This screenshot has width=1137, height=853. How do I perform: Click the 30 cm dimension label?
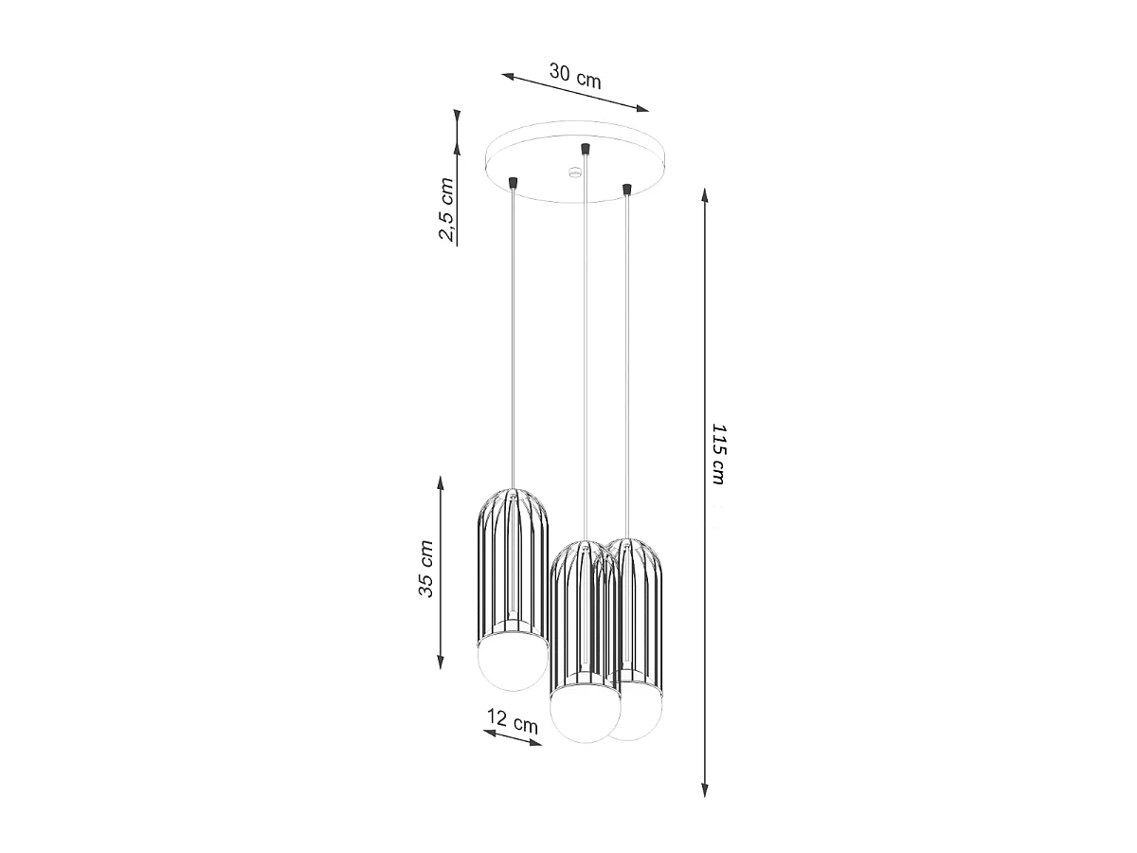tap(574, 76)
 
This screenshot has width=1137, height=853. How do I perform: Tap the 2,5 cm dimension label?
tap(446, 209)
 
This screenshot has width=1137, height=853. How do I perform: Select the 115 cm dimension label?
tap(718, 454)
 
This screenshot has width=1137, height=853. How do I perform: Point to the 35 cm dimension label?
tap(425, 570)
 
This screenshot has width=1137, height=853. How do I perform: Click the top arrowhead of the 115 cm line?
tap(705, 195)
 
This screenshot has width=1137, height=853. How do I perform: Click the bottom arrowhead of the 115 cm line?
tap(705, 789)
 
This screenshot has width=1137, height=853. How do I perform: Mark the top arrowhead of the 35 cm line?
tap(441, 483)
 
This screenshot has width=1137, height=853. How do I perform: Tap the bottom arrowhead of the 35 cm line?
tap(441, 662)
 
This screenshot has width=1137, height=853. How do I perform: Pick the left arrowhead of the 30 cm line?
tap(508, 76)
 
